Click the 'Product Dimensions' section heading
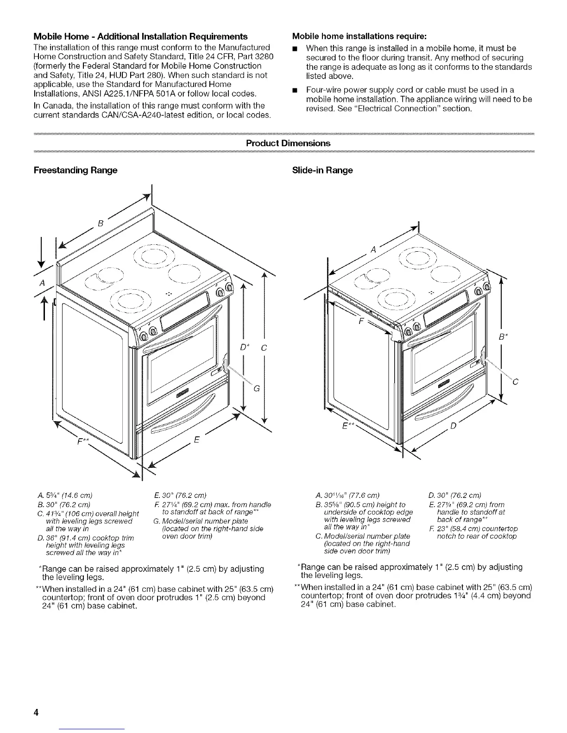click(288, 143)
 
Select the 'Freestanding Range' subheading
click(76, 170)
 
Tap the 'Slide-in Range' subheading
click(322, 170)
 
